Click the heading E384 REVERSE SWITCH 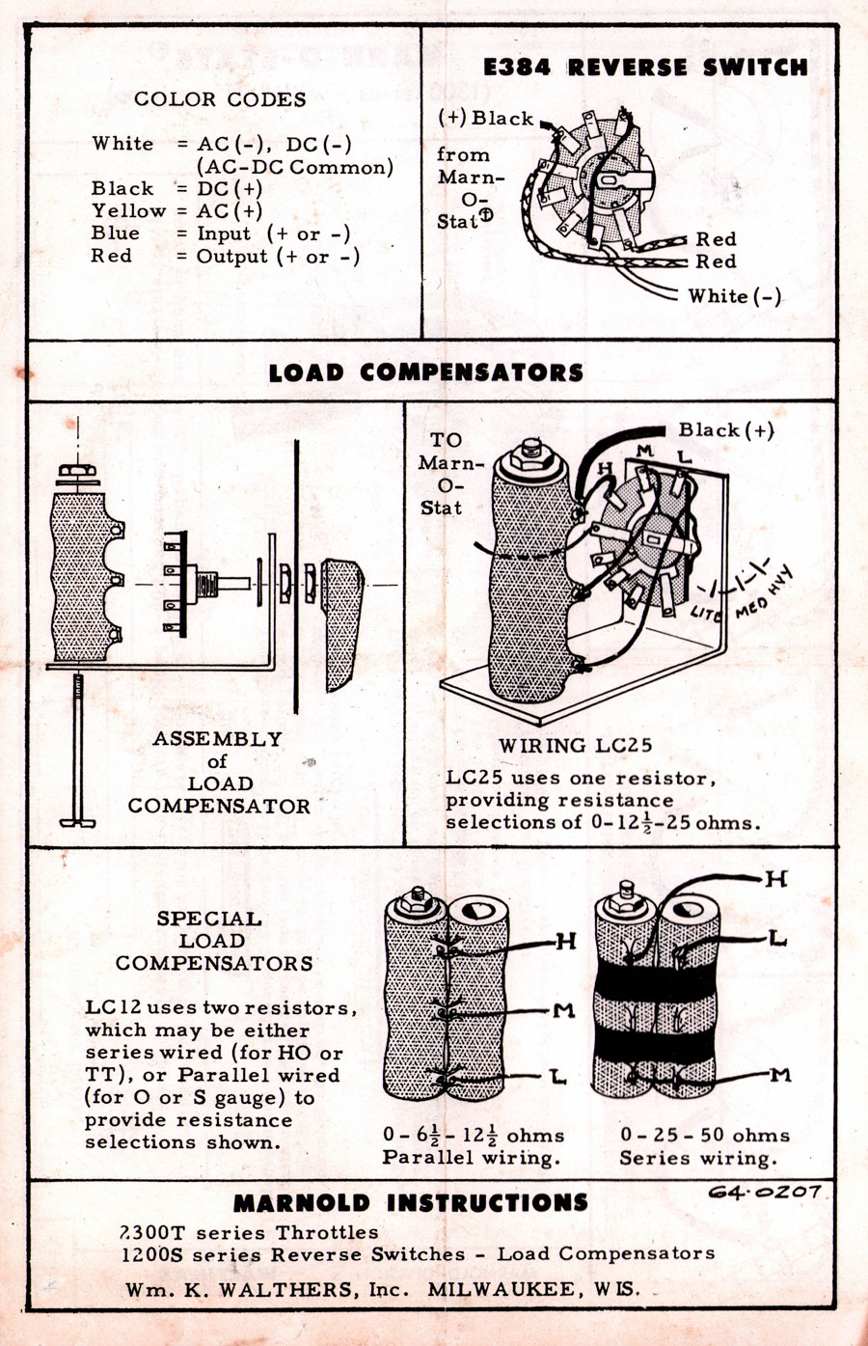pyautogui.click(x=644, y=68)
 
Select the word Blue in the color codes pyautogui.click(x=116, y=233)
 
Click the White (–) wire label pyautogui.click(x=734, y=296)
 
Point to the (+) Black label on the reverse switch pyautogui.click(x=486, y=119)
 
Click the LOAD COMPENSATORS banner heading pyautogui.click(x=426, y=372)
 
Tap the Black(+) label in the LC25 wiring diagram pyautogui.click(x=725, y=430)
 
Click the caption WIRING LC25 pyautogui.click(x=576, y=745)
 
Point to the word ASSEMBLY pyautogui.click(x=218, y=739)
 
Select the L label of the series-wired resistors pyautogui.click(x=775, y=938)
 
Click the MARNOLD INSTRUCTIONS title pyautogui.click(x=411, y=1203)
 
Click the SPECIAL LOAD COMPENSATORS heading pyautogui.click(x=214, y=941)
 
